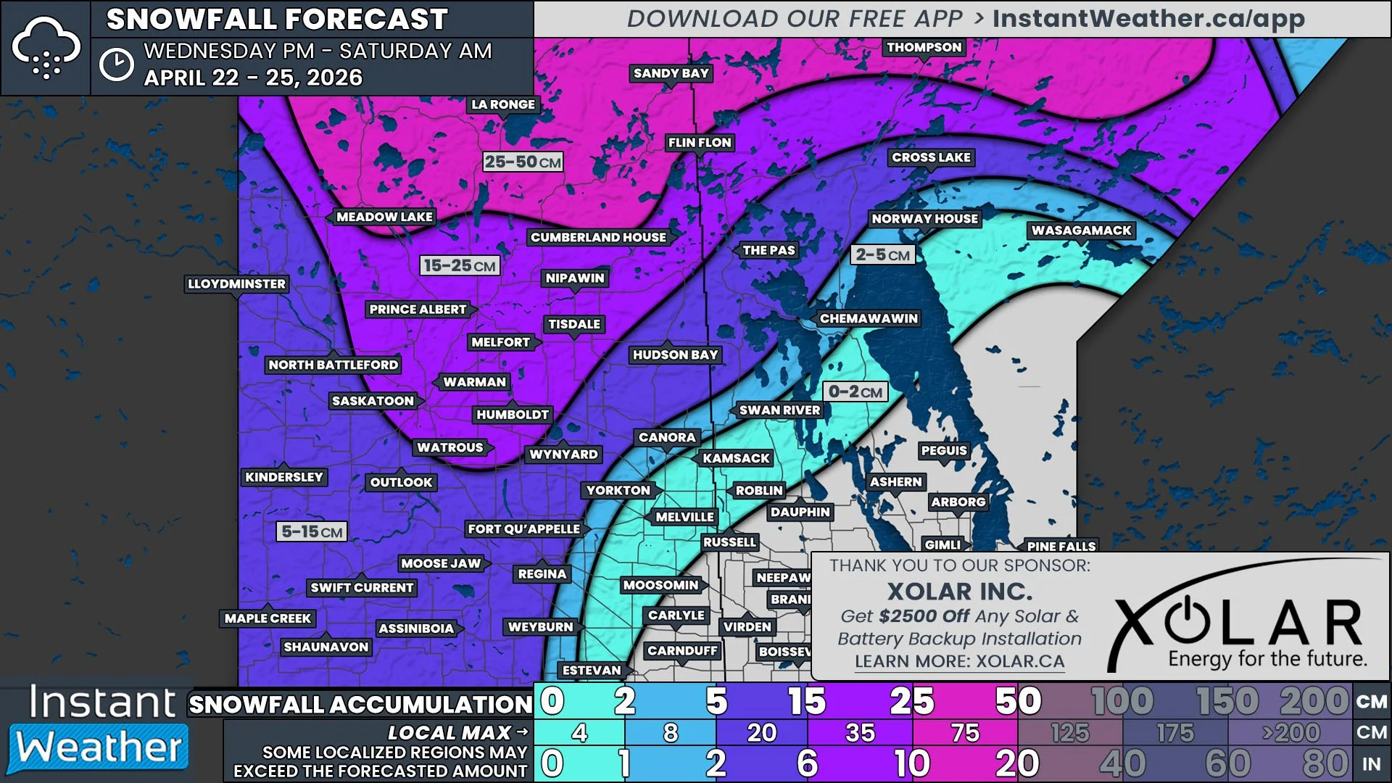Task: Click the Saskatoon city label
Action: point(373,401)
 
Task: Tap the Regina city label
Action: point(542,574)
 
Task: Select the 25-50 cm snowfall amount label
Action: point(522,162)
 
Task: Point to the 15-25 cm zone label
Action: point(460,265)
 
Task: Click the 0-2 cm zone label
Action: point(855,391)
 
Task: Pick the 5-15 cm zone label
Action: point(312,531)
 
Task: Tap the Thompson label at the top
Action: point(924,47)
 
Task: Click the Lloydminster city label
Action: point(236,283)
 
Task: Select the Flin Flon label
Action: point(700,143)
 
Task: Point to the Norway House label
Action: point(924,219)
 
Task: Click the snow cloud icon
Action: point(46,48)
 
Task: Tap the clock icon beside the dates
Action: point(117,65)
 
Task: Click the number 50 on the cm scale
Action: point(1018,701)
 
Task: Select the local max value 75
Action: point(965,733)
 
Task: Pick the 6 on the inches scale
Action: point(807,763)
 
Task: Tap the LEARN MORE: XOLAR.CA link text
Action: point(959,661)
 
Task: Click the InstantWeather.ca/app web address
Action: point(1148,19)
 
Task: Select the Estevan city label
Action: point(592,670)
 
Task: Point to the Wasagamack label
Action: point(1081,231)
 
